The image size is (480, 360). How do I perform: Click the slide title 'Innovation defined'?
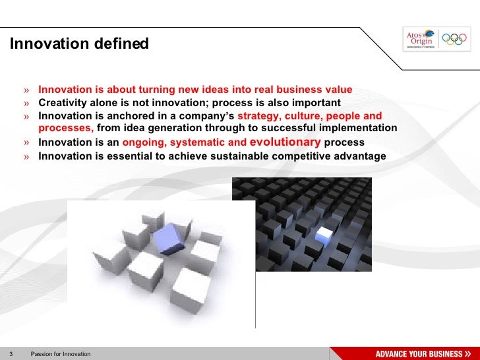coord(79,44)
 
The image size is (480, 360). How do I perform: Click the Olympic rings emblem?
coord(454,40)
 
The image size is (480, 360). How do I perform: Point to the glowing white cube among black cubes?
coord(324,234)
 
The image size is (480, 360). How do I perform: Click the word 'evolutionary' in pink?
coord(285,142)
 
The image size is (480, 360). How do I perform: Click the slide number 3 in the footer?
coord(11,354)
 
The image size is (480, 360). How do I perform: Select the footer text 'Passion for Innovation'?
coord(61,354)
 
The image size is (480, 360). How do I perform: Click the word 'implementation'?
coord(361,128)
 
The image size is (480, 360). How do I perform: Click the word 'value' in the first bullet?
coord(338,90)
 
